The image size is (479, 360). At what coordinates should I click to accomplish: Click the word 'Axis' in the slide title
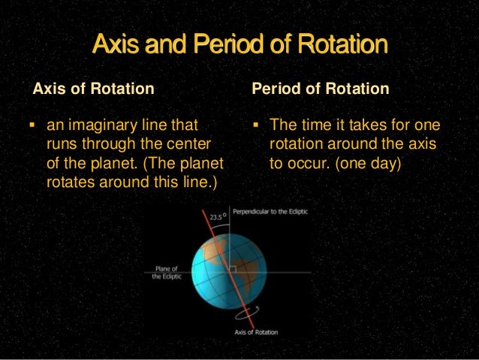point(111,45)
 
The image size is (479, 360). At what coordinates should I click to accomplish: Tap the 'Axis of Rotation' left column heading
point(94,89)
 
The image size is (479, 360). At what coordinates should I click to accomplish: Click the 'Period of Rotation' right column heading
point(321,89)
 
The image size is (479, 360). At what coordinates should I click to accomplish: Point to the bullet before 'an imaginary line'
point(36,125)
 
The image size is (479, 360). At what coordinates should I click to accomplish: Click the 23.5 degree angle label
point(218,216)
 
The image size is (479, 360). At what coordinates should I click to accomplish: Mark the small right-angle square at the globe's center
point(233,268)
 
